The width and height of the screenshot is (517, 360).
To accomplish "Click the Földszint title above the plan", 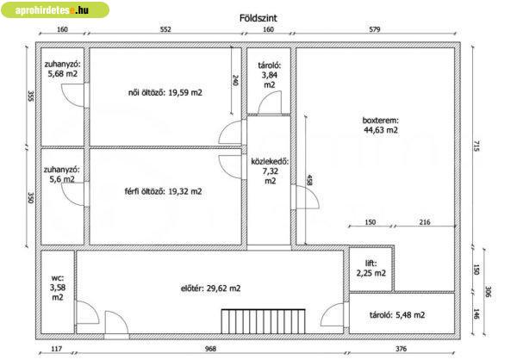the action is point(258,18).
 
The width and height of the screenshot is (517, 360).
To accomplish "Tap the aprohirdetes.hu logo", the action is point(55,9).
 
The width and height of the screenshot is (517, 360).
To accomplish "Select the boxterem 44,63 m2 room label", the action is point(381,125).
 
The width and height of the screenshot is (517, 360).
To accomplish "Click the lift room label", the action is point(371,268).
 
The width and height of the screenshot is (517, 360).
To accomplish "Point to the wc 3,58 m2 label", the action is point(58,287).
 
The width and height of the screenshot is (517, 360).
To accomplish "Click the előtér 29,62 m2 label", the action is point(211,289).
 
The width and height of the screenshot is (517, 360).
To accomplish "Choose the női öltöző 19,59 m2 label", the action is point(165,93).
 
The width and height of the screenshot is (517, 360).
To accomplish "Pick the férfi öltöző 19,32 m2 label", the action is point(163,191).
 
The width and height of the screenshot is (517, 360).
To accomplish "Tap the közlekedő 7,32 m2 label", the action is point(270,171).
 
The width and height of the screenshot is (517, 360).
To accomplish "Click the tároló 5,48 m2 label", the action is point(397,315).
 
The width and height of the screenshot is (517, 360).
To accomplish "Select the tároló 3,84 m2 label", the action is point(270,75).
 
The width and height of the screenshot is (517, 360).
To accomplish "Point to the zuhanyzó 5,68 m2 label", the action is point(62,69).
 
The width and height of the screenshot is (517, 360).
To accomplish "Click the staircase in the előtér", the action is point(263,321).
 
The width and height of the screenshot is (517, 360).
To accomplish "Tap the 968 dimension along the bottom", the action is point(210,349).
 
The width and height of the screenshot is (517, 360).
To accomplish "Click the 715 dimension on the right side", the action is point(477,146).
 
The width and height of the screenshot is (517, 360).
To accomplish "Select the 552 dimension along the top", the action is point(165,29).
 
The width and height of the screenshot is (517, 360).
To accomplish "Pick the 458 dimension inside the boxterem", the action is point(309,180).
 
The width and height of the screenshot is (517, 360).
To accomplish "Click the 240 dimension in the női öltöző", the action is point(235,80).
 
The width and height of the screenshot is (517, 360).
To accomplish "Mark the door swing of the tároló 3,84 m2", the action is point(270,102).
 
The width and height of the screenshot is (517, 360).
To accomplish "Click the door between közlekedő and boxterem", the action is point(305,197).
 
